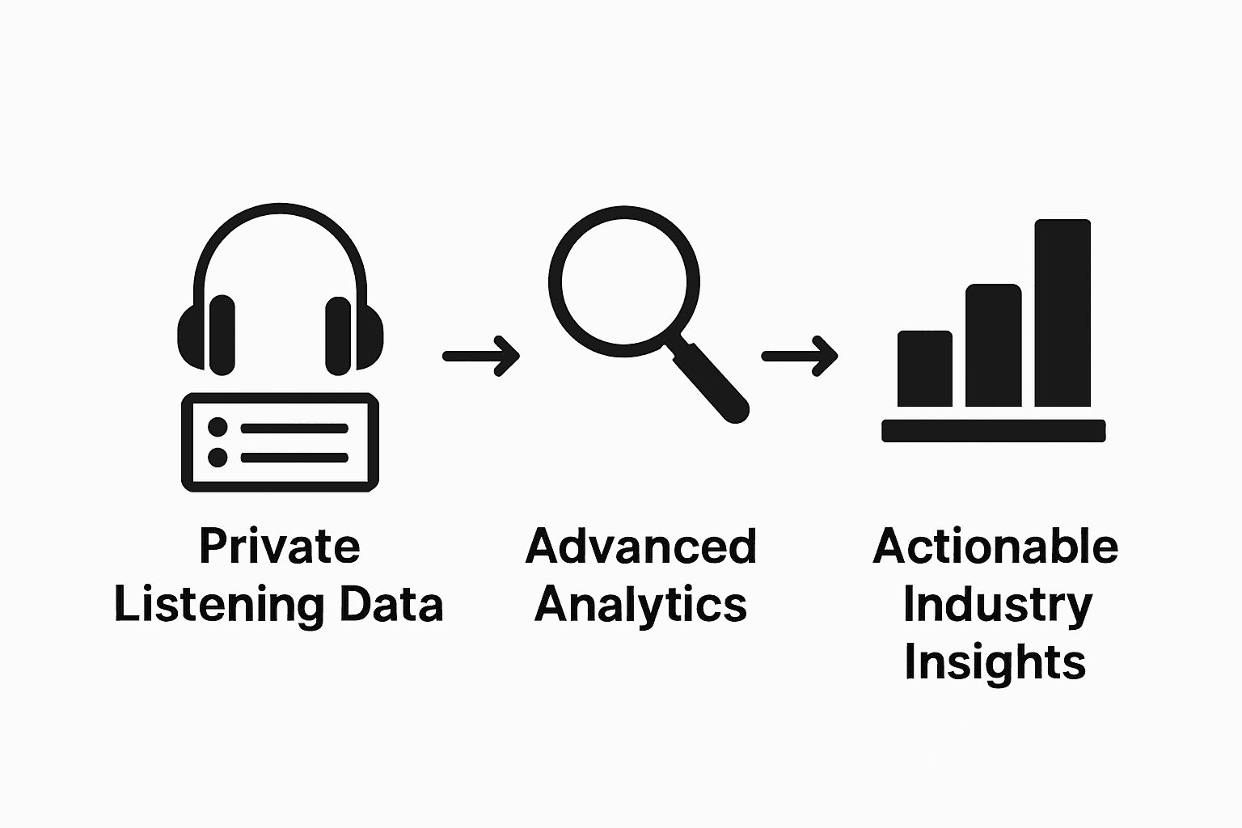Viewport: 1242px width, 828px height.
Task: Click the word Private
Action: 279,547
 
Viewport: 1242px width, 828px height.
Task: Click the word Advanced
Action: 640,547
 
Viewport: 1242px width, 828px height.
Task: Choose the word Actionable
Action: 995,547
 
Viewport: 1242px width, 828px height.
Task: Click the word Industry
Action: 996,605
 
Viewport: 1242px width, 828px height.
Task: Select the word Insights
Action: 995,662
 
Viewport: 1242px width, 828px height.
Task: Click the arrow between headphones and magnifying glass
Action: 481,356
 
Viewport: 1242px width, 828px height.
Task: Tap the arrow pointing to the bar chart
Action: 800,356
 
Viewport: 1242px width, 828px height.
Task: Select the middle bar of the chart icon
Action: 993,345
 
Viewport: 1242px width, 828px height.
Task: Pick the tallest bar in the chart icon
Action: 1062,313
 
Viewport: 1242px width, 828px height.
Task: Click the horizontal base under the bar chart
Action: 993,431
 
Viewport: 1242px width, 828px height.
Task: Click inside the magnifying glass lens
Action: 623,281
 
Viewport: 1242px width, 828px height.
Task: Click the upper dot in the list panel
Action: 218,427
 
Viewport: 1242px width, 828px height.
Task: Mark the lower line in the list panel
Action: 294,458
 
